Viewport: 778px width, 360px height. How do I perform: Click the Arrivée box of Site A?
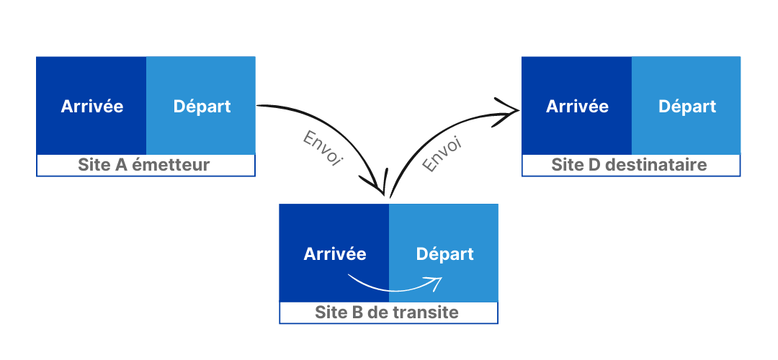(91, 106)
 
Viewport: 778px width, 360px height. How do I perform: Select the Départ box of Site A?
(201, 106)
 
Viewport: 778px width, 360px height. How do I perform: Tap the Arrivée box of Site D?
(576, 106)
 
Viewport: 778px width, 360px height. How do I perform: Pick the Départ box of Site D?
(687, 106)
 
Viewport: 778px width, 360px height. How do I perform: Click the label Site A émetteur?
(144, 166)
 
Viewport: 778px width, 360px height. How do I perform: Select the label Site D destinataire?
(630, 166)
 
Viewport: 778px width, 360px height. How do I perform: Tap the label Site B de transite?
(387, 313)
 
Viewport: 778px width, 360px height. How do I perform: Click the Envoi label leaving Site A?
(321, 149)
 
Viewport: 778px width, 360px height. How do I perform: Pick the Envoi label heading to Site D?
(442, 154)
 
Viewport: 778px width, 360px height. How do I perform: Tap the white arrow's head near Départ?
(437, 281)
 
